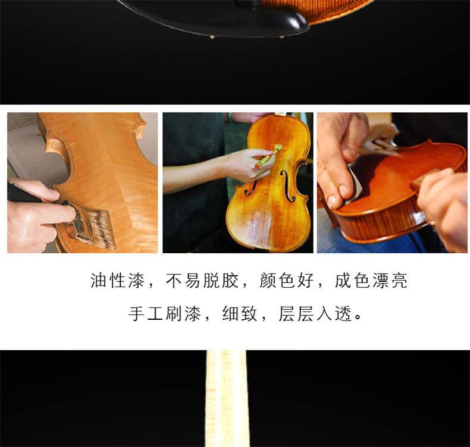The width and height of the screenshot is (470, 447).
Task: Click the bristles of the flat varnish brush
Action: [101, 228]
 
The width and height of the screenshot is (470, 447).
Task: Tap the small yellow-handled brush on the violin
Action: [268, 156]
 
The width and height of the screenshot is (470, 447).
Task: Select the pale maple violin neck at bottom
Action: [227, 398]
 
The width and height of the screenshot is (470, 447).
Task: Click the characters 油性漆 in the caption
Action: [118, 281]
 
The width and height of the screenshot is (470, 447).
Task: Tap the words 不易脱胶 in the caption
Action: [202, 281]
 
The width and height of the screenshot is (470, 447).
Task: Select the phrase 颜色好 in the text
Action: [287, 281]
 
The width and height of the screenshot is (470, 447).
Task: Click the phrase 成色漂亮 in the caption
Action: [371, 281]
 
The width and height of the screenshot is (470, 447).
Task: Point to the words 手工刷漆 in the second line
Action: [165, 314]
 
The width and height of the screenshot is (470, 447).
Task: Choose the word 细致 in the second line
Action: [240, 314]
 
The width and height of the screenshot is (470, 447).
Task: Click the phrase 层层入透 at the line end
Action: [315, 314]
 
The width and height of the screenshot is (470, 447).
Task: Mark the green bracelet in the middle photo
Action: [230, 117]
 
